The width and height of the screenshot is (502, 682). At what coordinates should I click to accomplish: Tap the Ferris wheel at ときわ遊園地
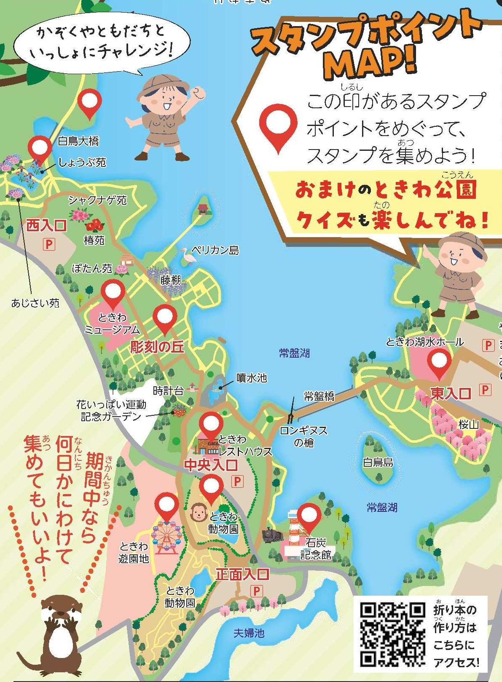point(166,538)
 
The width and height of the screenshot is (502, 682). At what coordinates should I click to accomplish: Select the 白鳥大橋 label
point(78,141)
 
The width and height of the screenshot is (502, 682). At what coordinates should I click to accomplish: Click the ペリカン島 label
point(215,250)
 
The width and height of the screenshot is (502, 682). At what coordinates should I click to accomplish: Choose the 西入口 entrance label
point(46,226)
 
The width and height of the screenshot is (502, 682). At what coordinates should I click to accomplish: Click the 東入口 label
point(450,393)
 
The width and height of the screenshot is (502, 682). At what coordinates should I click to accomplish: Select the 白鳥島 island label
point(378,462)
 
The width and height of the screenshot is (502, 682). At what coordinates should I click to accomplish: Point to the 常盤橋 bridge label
point(319,396)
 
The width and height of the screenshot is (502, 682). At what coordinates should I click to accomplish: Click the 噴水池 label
point(251,378)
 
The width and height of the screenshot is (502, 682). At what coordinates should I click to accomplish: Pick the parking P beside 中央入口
point(237,481)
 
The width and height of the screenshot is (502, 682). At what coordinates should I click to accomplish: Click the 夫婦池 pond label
point(249,633)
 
